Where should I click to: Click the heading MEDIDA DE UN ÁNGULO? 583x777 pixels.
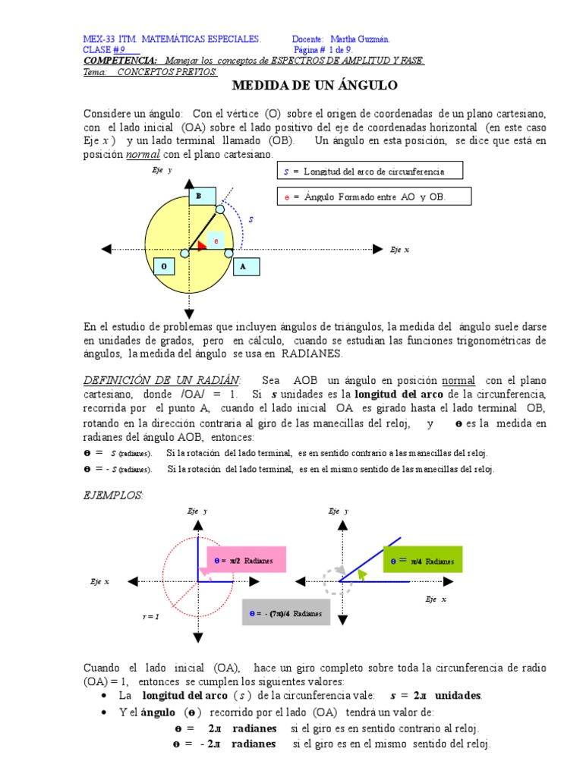click(x=314, y=86)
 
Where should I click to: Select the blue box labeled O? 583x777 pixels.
click(x=165, y=266)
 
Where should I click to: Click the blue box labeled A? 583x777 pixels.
click(x=244, y=267)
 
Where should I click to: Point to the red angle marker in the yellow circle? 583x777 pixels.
click(x=201, y=244)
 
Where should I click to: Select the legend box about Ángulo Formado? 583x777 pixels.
click(x=375, y=197)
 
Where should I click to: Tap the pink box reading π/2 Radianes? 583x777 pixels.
click(x=245, y=559)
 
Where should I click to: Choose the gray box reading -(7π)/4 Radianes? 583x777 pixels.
click(x=286, y=612)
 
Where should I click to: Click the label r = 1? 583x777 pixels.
click(x=150, y=616)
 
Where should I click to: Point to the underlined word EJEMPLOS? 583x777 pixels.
click(x=113, y=495)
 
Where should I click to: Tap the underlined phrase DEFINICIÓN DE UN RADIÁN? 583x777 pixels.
click(x=162, y=379)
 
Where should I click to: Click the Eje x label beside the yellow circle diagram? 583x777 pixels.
click(x=400, y=250)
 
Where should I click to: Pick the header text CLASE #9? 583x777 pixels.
click(x=108, y=49)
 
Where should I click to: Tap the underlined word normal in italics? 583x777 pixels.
click(x=143, y=154)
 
